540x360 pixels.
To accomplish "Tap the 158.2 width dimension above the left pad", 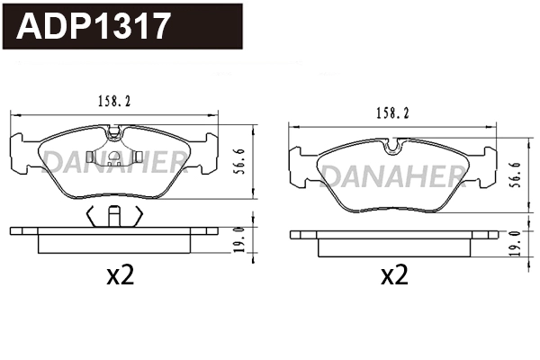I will [113, 103].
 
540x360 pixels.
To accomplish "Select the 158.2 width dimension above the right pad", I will [391, 113].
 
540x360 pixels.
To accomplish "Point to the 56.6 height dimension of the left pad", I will [242, 166].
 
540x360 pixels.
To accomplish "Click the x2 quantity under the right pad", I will [394, 275].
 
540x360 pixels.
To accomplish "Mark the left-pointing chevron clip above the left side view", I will [91, 215].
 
